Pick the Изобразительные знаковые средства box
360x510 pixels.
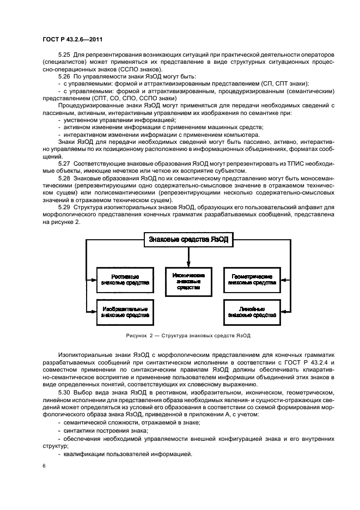point(124,311)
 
